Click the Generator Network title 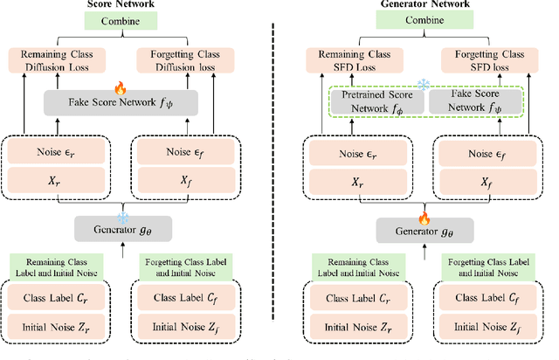tap(418, 4)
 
